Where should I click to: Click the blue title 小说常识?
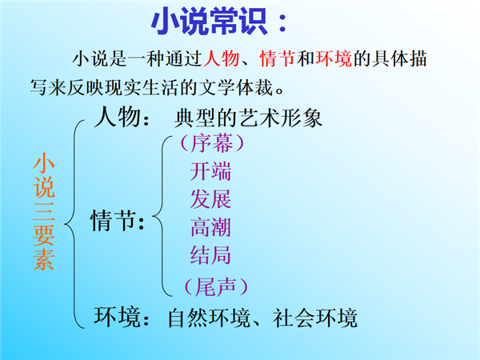(210, 22)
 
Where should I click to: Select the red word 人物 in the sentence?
(222, 58)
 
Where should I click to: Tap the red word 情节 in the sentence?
(278, 58)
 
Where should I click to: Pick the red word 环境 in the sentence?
(334, 58)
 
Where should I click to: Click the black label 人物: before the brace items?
(122, 117)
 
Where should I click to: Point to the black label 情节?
(118, 221)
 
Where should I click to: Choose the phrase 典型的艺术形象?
(248, 118)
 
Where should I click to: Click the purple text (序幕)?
(212, 143)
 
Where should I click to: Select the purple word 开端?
(210, 171)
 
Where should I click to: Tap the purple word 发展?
(210, 199)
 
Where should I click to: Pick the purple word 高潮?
(210, 227)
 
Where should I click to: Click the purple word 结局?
(210, 255)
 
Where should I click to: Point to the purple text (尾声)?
(216, 287)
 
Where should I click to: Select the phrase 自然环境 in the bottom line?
(209, 318)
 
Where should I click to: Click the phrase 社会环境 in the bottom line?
(315, 318)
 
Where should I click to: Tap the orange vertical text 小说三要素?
(44, 212)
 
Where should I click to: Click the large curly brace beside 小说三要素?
(74, 224)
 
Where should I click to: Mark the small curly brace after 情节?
(162, 217)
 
